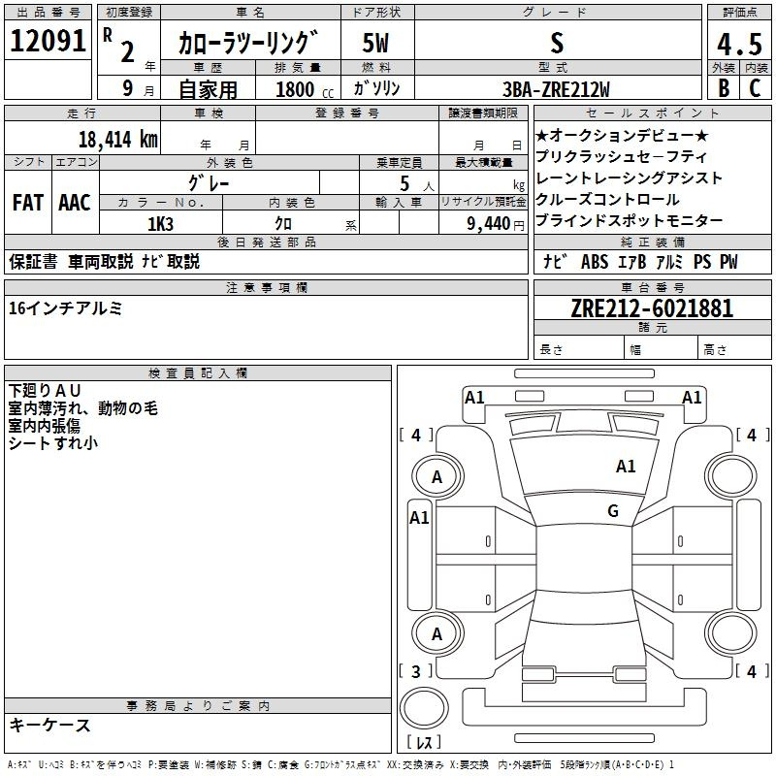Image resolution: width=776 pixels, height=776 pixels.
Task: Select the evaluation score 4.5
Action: click(x=738, y=45)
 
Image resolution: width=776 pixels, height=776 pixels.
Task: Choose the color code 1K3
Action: click(x=160, y=223)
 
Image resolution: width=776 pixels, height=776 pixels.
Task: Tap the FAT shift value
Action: click(x=28, y=203)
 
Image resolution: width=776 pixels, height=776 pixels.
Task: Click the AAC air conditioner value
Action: click(x=75, y=203)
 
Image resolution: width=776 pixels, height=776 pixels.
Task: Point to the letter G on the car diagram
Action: click(x=613, y=511)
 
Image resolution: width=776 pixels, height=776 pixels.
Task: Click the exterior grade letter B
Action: click(x=723, y=88)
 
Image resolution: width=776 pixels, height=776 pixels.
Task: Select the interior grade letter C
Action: click(x=755, y=88)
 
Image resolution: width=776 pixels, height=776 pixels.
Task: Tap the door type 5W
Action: click(x=375, y=44)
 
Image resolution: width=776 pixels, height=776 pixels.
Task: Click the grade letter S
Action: click(x=556, y=44)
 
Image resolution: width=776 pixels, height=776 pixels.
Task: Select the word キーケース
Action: click(x=49, y=725)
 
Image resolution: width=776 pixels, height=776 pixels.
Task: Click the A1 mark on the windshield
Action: click(x=626, y=467)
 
